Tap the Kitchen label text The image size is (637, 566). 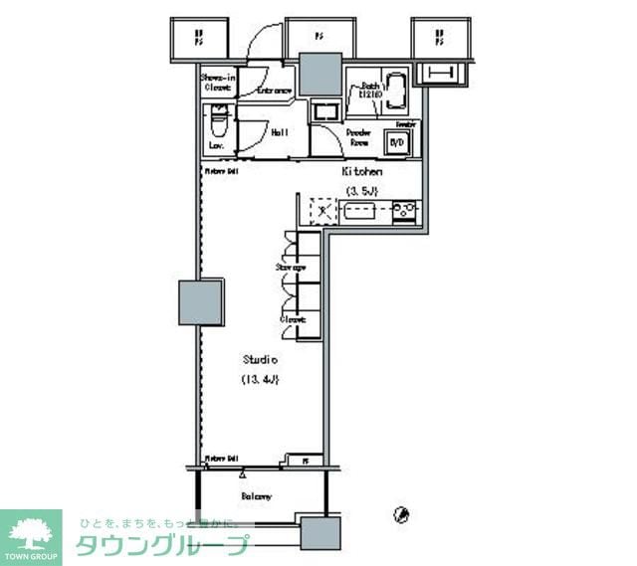[363, 171]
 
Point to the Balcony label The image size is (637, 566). [257, 495]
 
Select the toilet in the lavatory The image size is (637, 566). [217, 127]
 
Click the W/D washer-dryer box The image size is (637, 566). [397, 142]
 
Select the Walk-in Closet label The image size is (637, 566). [217, 82]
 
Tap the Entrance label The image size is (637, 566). [275, 91]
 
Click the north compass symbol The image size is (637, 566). [402, 514]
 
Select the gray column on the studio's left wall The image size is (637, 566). [200, 301]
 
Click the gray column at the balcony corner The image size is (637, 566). [318, 531]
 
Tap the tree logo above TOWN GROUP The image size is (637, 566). [30, 529]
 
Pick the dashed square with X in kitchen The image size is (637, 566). [322, 211]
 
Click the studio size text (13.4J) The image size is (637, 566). [260, 379]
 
